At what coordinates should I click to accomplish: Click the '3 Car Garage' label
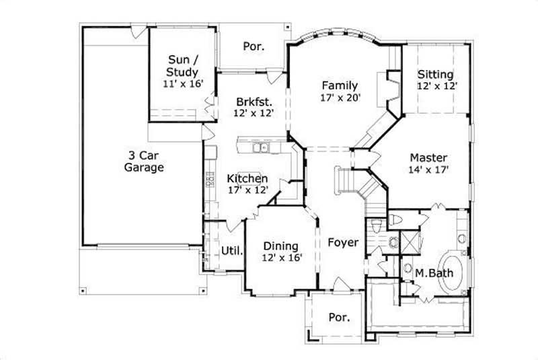point(144,161)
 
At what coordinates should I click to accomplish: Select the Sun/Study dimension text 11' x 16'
point(183,83)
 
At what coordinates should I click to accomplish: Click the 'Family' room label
point(340,85)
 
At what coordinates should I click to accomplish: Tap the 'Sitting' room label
point(435,74)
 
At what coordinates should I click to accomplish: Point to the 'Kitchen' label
point(247,178)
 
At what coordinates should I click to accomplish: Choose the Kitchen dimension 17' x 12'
point(247,190)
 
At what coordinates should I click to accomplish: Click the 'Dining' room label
point(281,246)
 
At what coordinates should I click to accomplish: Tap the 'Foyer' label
point(343,242)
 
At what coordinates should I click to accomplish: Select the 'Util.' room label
point(232,251)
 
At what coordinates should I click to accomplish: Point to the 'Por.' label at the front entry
point(339,317)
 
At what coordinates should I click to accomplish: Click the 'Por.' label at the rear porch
point(253,46)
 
